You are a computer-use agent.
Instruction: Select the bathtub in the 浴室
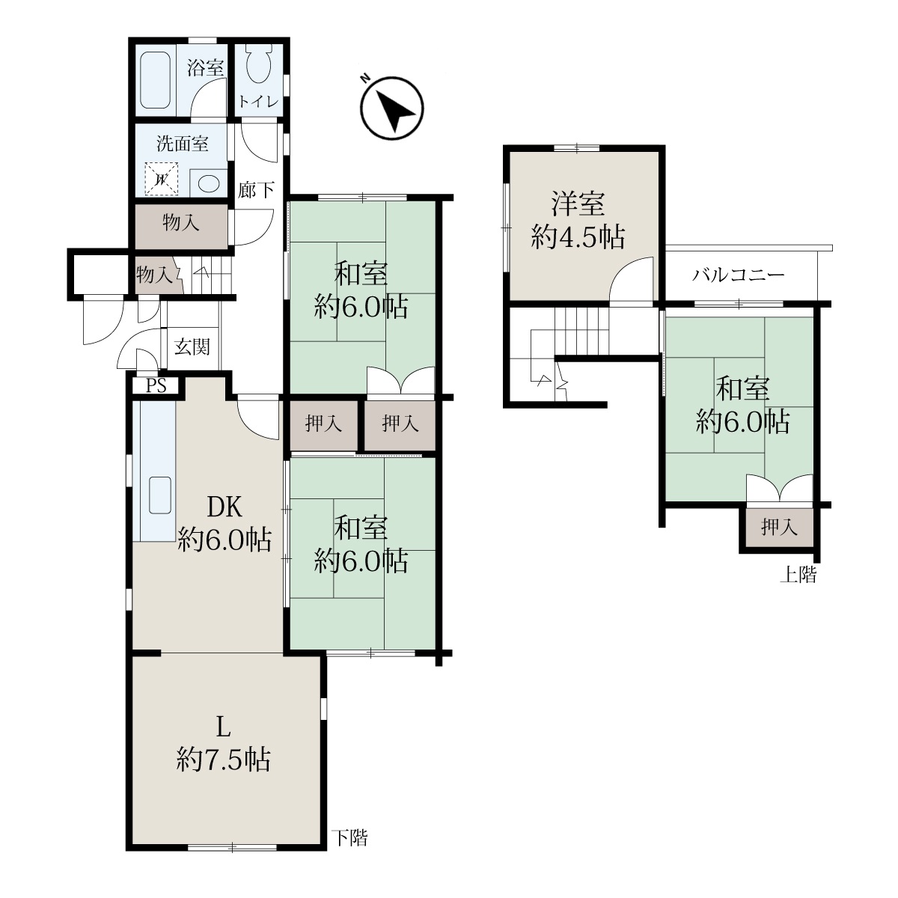pos(156,80)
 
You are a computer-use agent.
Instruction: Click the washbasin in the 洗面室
pos(209,183)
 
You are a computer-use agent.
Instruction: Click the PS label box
pos(156,386)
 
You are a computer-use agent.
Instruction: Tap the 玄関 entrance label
pos(192,347)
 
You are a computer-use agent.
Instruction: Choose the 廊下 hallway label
pos(256,190)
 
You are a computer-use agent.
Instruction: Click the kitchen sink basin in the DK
pos(160,495)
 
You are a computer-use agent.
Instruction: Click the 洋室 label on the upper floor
pos(578,204)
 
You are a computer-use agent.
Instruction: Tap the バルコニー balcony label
pos(739,275)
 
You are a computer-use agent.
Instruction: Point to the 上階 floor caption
pos(798,575)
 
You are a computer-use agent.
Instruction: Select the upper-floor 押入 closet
pos(779,528)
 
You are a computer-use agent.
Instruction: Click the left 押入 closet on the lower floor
pos(323,424)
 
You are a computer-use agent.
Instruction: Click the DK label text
pos(224,507)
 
